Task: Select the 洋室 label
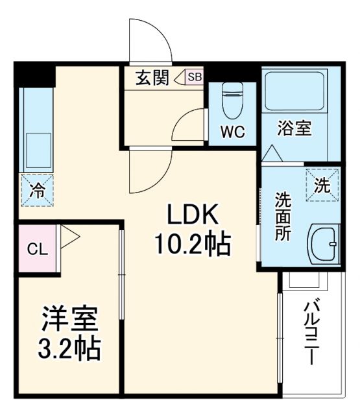click(x=70, y=320)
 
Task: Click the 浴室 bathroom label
click(x=294, y=128)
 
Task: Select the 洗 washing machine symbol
click(x=322, y=185)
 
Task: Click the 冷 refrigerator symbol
click(x=36, y=190)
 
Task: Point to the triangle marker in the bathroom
click(x=272, y=154)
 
